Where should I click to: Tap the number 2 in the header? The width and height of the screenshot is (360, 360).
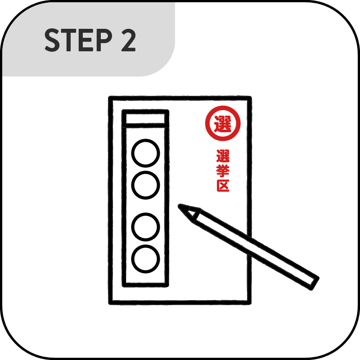[127, 41]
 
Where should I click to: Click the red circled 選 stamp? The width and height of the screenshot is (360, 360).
[223, 123]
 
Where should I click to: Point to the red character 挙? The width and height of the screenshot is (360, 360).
[223, 171]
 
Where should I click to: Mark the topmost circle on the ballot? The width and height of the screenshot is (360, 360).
[145, 153]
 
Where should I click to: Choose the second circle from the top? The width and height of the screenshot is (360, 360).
[145, 184]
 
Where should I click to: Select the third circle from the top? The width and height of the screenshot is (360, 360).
[145, 227]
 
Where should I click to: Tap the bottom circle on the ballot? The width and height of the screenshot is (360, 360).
[145, 258]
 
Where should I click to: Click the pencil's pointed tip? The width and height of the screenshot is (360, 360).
[181, 207]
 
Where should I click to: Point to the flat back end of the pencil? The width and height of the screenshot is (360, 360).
[314, 282]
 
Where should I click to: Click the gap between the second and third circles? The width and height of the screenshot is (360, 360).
[145, 206]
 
